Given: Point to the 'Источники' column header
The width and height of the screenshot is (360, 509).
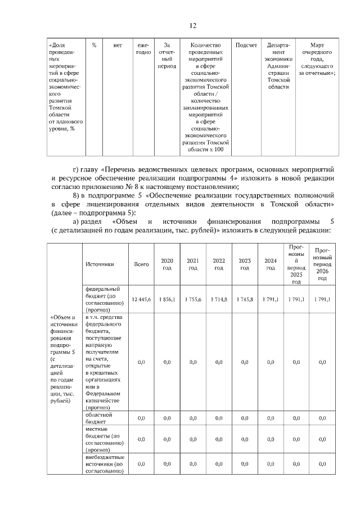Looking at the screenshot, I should tap(100, 264).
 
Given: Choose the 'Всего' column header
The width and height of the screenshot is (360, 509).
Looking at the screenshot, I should tap(141, 264).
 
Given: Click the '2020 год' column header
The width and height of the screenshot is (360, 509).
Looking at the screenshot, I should tap(167, 264).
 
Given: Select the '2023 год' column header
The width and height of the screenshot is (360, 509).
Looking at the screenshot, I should tap(245, 264).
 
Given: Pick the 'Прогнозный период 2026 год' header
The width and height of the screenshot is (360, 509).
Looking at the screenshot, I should tap(322, 264).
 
